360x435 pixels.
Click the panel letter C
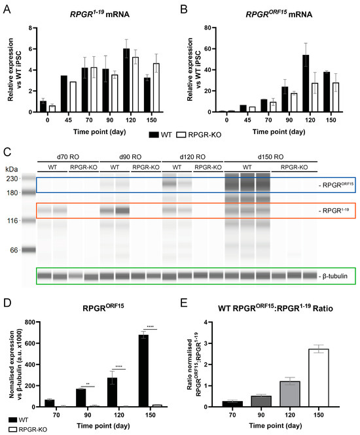pos(6,155)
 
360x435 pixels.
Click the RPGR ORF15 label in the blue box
pos(334,186)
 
